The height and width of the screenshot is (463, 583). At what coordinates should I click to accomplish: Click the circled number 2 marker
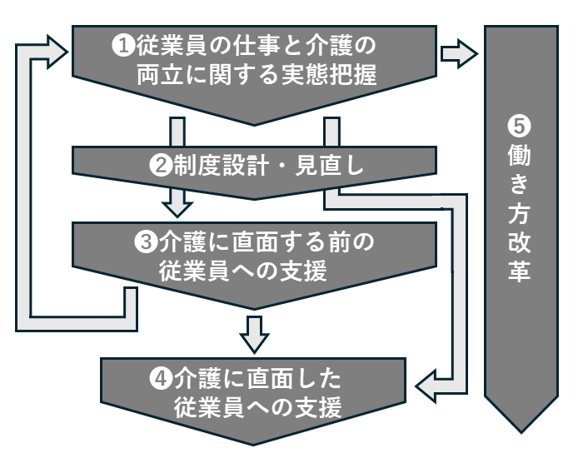160,164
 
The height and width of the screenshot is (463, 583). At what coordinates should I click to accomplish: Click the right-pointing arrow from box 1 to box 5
459,54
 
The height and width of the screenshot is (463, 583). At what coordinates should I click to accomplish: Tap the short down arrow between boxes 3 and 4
255,333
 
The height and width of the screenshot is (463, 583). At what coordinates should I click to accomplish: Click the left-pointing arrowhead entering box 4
426,386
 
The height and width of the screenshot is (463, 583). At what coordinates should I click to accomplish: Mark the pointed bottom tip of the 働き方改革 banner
521,429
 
